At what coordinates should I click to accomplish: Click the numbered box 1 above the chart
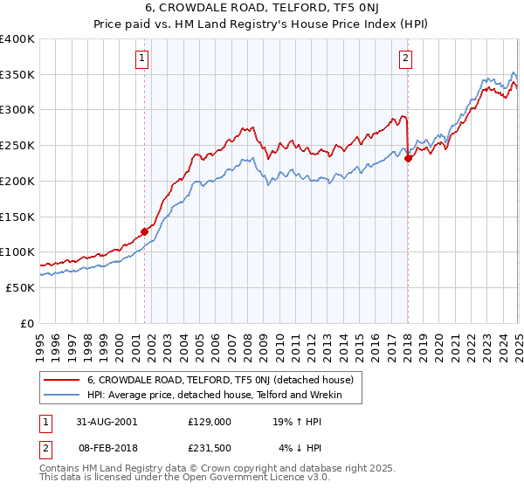[x=141, y=59]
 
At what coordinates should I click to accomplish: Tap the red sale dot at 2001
[x=145, y=231]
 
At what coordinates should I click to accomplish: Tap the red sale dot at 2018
[x=408, y=158]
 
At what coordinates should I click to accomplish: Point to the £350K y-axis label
[x=17, y=74]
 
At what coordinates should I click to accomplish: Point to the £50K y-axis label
[x=20, y=287]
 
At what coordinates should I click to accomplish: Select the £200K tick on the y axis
[x=17, y=181]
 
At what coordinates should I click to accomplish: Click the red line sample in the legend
[x=63, y=380]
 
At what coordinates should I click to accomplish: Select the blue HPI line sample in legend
[x=63, y=396]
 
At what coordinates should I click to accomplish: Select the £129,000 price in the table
[x=210, y=421]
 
